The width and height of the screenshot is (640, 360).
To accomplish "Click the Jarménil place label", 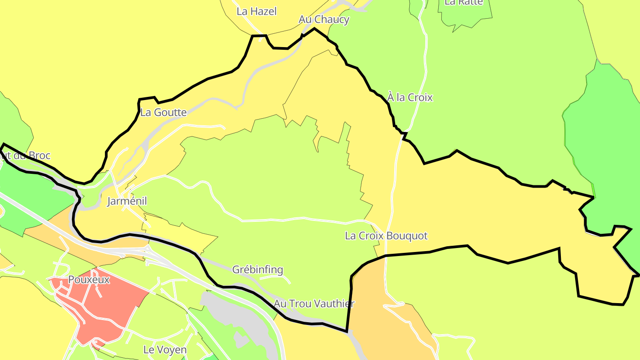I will [x=127, y=201].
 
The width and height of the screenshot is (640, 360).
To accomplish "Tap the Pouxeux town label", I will [x=89, y=280].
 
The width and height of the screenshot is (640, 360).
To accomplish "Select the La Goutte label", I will [x=163, y=112].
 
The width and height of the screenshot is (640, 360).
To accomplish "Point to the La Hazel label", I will [x=256, y=12].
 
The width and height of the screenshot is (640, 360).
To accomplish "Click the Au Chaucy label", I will [x=324, y=20].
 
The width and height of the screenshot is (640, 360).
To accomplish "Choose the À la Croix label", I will [x=410, y=97].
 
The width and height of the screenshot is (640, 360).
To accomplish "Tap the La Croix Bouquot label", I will [x=386, y=236].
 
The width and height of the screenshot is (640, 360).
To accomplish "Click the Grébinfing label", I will [x=258, y=270].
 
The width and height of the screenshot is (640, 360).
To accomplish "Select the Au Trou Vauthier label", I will [x=314, y=304].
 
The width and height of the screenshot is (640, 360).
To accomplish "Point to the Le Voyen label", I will [x=165, y=350].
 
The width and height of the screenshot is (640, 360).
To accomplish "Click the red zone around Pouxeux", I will [x=111, y=307].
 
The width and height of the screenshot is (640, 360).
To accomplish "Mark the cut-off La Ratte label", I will [x=463, y=2].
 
